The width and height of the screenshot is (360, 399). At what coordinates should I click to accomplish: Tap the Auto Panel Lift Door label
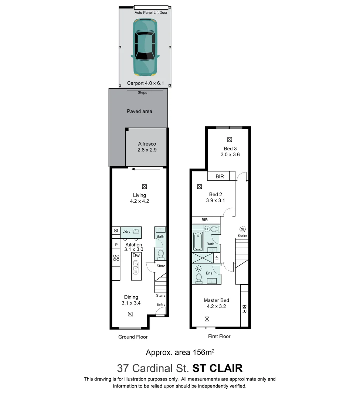tap(151, 13)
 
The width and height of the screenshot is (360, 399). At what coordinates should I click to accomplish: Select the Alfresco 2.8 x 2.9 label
tap(147, 147)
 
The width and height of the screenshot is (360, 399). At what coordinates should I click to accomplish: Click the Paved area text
tap(139, 111)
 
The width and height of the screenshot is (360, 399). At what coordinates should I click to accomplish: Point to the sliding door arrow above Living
tap(146, 169)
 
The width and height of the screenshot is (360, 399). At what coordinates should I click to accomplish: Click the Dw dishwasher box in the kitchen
tap(136, 255)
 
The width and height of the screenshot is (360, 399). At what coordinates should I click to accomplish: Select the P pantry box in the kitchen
tap(116, 245)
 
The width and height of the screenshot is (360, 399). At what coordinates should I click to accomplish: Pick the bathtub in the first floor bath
tap(198, 241)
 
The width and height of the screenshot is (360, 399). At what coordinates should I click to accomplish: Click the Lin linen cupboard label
tap(217, 258)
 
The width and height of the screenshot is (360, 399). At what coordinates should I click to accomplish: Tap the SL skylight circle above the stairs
tap(242, 229)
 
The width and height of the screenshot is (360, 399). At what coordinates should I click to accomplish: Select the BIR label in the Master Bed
tap(244, 309)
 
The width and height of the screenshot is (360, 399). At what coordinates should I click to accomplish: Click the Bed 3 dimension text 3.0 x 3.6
tap(230, 155)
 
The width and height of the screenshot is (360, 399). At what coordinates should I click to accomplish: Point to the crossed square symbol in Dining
tap(130, 314)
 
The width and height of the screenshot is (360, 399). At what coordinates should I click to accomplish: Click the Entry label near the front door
tap(161, 304)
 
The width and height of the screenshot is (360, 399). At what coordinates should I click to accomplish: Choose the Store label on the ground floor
tap(161, 266)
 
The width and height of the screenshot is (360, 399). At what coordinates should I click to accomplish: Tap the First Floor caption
tap(219, 336)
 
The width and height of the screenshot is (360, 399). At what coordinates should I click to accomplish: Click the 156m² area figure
tap(203, 352)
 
